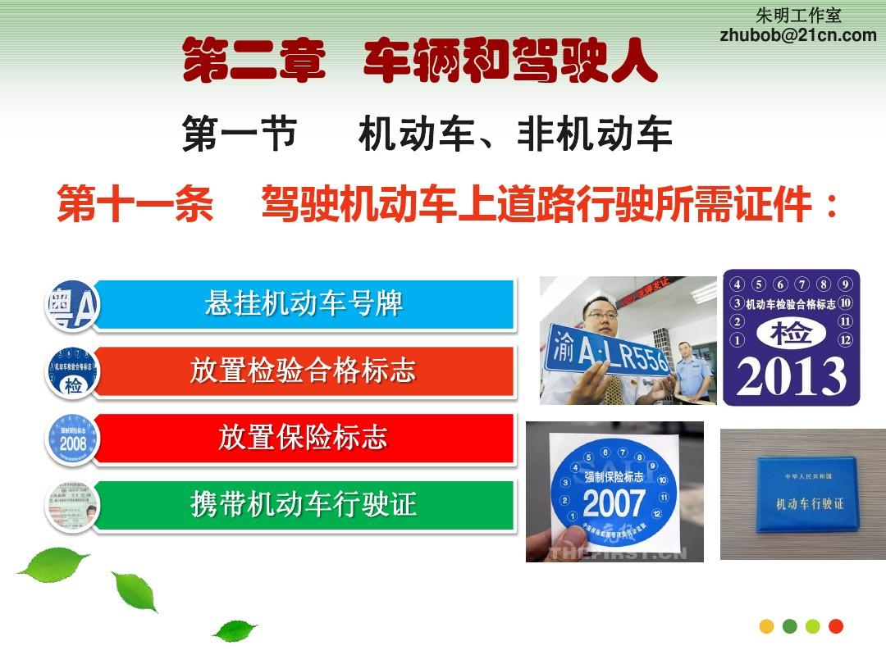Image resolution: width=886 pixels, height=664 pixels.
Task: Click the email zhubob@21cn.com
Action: tap(797, 34)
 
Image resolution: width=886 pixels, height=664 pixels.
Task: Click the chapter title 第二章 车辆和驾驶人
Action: tap(419, 61)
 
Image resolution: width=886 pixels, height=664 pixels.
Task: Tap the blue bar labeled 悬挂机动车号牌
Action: tap(304, 304)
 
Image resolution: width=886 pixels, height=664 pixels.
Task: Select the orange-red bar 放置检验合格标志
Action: tap(304, 371)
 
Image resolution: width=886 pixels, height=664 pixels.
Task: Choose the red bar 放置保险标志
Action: tap(304, 438)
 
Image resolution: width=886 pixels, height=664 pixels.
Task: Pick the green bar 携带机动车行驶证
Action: tap(304, 504)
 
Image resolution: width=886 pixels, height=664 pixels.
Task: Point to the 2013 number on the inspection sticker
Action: tap(791, 376)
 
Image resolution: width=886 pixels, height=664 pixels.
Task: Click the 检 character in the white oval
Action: tap(791, 333)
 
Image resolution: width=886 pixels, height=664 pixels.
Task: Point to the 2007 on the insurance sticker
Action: tap(614, 502)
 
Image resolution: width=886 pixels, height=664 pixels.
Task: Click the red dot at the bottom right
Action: tap(836, 626)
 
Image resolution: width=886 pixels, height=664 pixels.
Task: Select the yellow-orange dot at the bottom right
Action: tap(767, 626)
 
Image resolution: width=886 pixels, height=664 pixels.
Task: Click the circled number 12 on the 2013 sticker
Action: tap(846, 339)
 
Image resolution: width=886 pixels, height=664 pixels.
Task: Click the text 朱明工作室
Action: tap(798, 16)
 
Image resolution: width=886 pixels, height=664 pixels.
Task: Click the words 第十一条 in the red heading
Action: tap(135, 205)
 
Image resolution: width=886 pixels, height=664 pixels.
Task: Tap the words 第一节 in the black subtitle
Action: tap(239, 134)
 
